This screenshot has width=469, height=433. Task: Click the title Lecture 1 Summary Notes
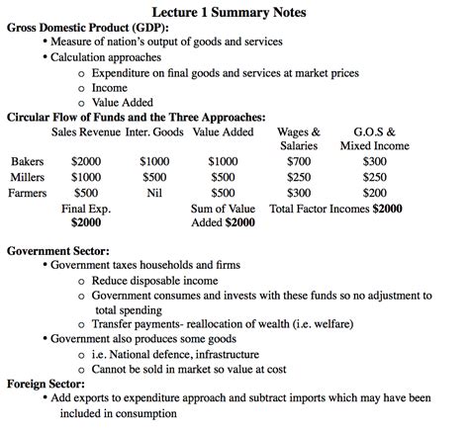(x=234, y=12)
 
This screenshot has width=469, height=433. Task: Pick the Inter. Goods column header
(x=154, y=130)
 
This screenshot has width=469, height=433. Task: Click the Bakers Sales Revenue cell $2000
(x=86, y=161)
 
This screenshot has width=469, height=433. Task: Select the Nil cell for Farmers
(x=154, y=193)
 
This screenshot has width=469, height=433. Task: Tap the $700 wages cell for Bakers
(x=298, y=161)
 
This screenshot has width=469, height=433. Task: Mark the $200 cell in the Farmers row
(x=375, y=193)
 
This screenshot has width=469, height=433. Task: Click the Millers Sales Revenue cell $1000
(x=86, y=177)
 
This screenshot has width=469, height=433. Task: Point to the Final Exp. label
(x=86, y=209)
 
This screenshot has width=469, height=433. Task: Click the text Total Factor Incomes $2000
(x=335, y=209)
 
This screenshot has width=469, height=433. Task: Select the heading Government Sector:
(x=58, y=250)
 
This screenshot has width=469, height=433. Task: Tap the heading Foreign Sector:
(x=49, y=384)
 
